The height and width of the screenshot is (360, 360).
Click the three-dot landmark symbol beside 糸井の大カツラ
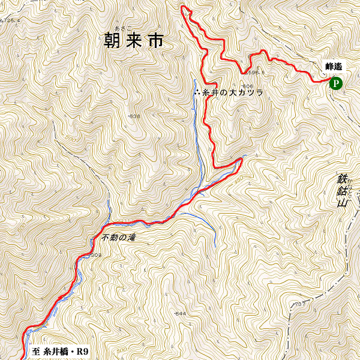pyautogui.click(x=197, y=92)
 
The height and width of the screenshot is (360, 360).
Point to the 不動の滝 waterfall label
pyautogui.click(x=119, y=238)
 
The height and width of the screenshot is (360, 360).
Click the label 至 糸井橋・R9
pyautogui.click(x=58, y=351)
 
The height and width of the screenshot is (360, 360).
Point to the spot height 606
pyautogui.click(x=247, y=86)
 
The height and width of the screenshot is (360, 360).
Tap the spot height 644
pyautogui.click(x=179, y=314)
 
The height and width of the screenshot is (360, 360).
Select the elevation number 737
pyautogui.click(x=298, y=305)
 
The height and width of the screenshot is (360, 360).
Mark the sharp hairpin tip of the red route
pyautogui.click(x=241, y=158)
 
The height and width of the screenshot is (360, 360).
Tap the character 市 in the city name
pyautogui.click(x=155, y=41)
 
